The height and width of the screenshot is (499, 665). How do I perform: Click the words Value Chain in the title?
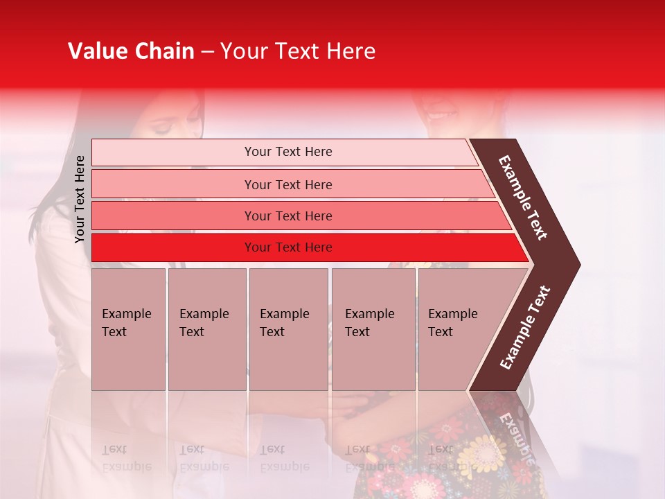(131, 51)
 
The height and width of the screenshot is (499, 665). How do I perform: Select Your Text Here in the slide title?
(298, 51)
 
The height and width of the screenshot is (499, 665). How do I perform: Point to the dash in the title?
(207, 52)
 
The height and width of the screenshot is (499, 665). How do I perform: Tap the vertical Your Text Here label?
(80, 199)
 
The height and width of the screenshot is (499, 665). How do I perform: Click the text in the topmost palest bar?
(288, 152)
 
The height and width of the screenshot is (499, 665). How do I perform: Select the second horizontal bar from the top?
(288, 184)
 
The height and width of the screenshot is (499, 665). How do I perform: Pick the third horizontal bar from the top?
(288, 216)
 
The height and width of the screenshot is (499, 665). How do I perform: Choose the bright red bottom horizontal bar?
(288, 247)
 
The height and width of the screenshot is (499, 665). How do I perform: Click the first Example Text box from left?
(128, 329)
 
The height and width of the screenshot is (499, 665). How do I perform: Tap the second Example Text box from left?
(206, 329)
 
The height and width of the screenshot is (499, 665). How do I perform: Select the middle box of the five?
(288, 329)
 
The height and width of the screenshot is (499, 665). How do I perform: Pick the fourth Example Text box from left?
(373, 329)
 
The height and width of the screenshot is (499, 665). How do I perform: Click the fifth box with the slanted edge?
(457, 329)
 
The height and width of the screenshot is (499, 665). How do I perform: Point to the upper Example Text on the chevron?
(523, 198)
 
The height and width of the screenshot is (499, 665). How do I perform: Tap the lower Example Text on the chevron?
(525, 327)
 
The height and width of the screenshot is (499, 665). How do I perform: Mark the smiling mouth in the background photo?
(442, 113)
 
